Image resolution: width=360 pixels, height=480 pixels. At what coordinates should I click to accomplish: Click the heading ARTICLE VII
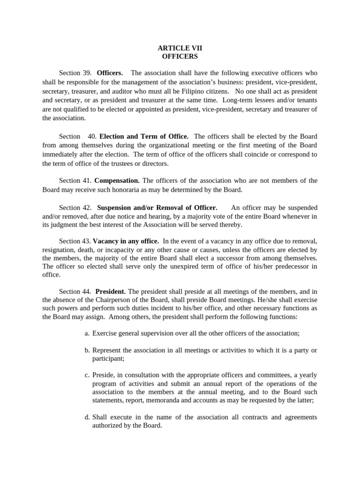pos(180,48)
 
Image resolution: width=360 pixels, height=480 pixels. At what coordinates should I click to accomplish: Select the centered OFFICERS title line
pos(180,56)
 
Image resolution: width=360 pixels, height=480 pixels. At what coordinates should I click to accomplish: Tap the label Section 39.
pos(75,73)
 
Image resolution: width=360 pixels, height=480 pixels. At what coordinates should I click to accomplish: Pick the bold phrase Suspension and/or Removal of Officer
pos(157,207)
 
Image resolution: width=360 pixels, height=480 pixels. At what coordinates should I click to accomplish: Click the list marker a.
pos(87,333)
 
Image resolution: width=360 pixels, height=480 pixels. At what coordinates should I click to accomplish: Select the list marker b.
pos(87,350)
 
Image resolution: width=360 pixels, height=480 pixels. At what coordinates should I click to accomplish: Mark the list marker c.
pos(87,375)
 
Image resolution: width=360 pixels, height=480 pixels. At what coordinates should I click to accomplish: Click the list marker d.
pos(87,417)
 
